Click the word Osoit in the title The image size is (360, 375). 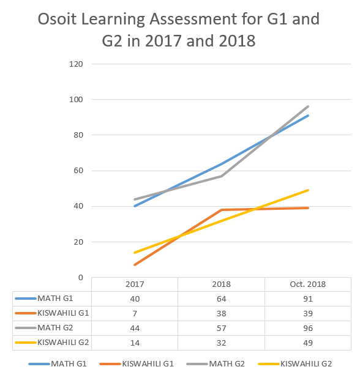(x=57, y=19)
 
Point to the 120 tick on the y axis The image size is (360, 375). (x=76, y=64)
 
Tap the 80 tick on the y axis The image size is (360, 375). (x=78, y=135)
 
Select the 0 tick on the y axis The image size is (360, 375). (x=81, y=278)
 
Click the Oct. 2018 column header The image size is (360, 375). (x=308, y=284)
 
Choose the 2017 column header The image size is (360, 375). (x=135, y=284)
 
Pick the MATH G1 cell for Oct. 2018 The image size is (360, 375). (x=308, y=299)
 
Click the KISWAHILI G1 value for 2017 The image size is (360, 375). (x=135, y=314)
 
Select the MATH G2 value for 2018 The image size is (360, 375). (x=222, y=328)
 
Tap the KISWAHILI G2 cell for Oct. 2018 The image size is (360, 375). (x=308, y=343)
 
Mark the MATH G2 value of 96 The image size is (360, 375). (x=308, y=328)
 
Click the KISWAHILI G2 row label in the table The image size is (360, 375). (x=63, y=343)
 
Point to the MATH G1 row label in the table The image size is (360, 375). (x=55, y=299)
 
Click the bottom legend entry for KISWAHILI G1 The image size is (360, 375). (x=137, y=364)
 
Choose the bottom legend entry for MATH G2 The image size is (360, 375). (x=216, y=364)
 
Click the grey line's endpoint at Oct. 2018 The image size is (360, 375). (x=308, y=106)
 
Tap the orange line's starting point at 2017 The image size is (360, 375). (x=135, y=265)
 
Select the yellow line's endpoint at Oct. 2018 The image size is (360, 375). (x=308, y=190)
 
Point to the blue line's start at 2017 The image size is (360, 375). (x=135, y=206)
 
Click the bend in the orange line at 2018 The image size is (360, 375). (x=222, y=210)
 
